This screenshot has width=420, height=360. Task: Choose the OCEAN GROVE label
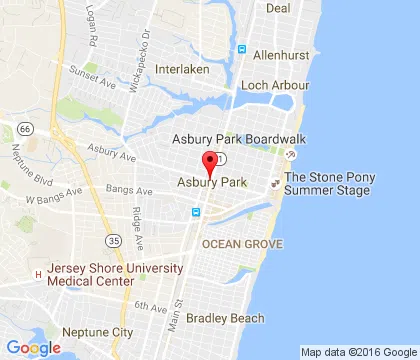[243, 244]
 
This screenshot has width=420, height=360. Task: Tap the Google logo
[33, 347]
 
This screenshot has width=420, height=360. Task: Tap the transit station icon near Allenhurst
[241, 49]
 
